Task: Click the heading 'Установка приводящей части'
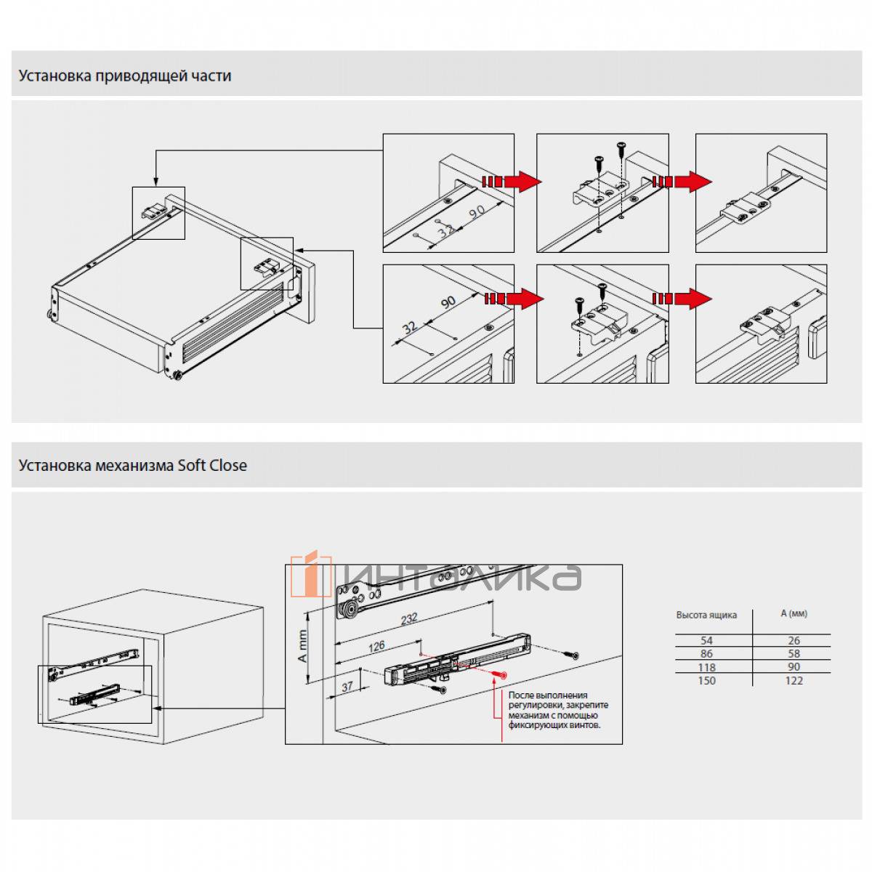125,76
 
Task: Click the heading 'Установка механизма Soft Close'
133,465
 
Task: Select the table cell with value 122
794,680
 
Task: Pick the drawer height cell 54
706,640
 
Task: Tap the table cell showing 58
794,653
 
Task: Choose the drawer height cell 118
706,667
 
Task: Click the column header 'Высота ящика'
706,615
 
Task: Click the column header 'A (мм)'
794,613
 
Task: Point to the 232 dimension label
409,618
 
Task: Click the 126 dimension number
376,645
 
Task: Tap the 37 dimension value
347,686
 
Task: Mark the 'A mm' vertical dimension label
303,643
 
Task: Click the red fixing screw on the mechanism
498,675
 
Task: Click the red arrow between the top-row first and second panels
512,181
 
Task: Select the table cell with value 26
794,640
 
